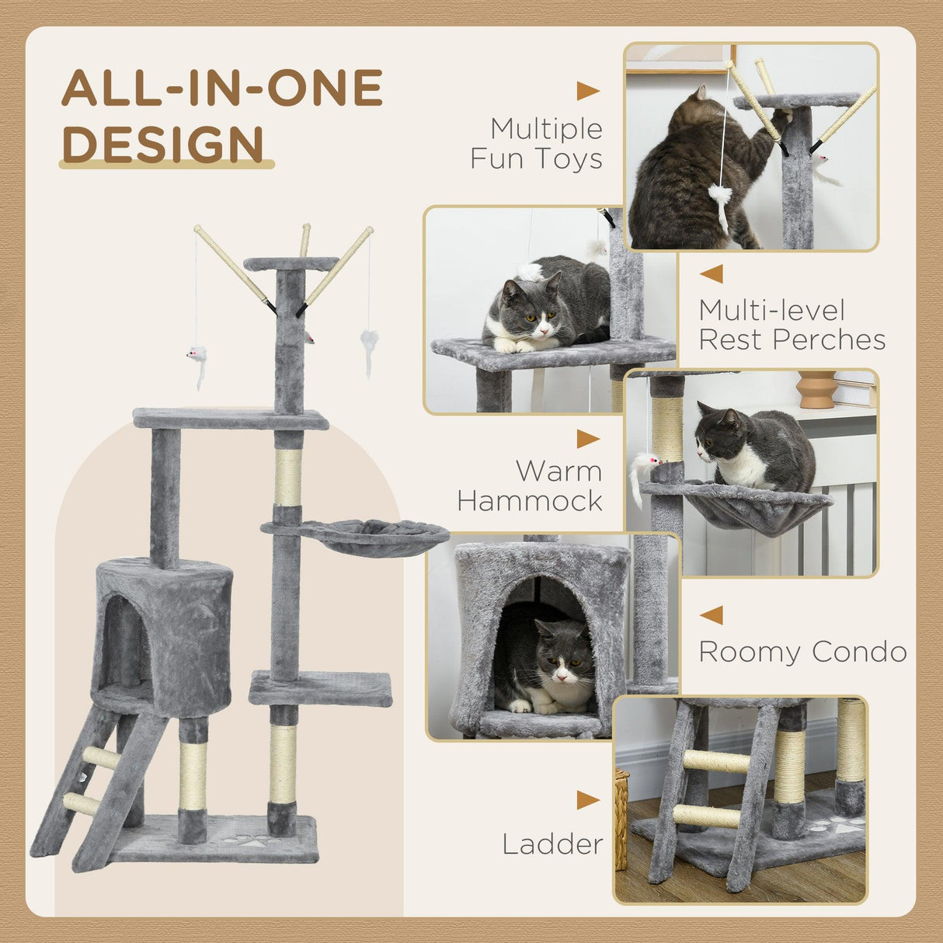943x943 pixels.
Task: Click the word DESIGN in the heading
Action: click(163, 144)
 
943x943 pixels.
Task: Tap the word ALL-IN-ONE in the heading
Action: click(222, 88)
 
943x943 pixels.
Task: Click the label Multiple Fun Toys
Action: click(537, 144)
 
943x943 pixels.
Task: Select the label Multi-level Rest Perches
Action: click(791, 325)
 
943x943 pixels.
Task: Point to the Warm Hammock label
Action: click(531, 485)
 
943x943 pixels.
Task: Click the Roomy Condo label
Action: click(802, 652)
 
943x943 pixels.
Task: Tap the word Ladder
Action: click(552, 844)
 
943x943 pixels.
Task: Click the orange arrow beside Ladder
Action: click(587, 800)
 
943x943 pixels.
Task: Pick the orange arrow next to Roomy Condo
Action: click(712, 615)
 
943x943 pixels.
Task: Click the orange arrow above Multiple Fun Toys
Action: click(587, 91)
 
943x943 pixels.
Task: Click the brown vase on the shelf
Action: click(816, 388)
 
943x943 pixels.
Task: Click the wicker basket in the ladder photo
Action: click(621, 819)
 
